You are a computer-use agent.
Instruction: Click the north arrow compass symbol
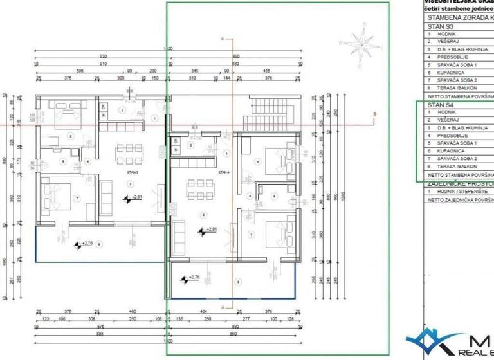coord(362,45)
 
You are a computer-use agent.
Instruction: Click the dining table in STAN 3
coord(129,154)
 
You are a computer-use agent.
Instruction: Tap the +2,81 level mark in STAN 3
coord(134,198)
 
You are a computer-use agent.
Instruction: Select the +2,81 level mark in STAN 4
coord(210,230)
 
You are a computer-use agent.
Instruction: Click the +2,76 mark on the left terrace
coord(82,244)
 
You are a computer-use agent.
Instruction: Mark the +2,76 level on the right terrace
coord(188,278)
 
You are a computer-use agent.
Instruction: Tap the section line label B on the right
coord(374,114)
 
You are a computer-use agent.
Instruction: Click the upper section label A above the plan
coord(223,39)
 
